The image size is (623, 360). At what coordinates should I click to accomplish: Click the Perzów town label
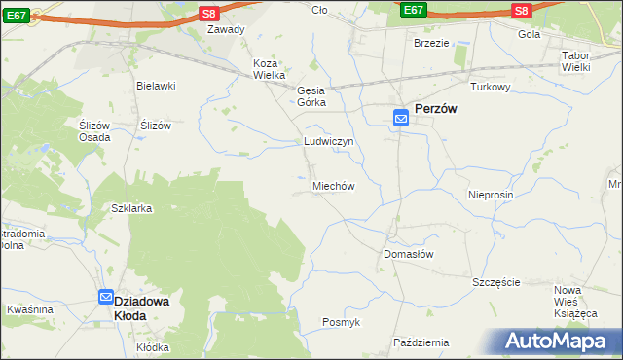(437, 110)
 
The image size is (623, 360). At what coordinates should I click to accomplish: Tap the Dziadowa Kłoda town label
(143, 308)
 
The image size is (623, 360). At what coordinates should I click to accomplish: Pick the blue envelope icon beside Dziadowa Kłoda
(105, 299)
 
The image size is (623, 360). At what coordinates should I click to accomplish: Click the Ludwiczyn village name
(327, 141)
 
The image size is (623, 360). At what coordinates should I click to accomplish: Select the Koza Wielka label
(269, 69)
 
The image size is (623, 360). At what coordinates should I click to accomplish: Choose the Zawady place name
(226, 29)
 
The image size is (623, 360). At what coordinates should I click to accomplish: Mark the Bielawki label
(156, 86)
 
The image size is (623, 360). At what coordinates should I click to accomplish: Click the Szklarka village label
(131, 209)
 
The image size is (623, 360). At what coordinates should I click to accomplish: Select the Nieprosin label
(490, 195)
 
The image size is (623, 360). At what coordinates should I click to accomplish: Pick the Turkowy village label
(491, 87)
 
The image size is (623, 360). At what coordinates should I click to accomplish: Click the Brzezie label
(431, 44)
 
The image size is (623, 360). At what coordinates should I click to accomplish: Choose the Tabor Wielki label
(584, 61)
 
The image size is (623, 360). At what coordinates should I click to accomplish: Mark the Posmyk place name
(342, 322)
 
